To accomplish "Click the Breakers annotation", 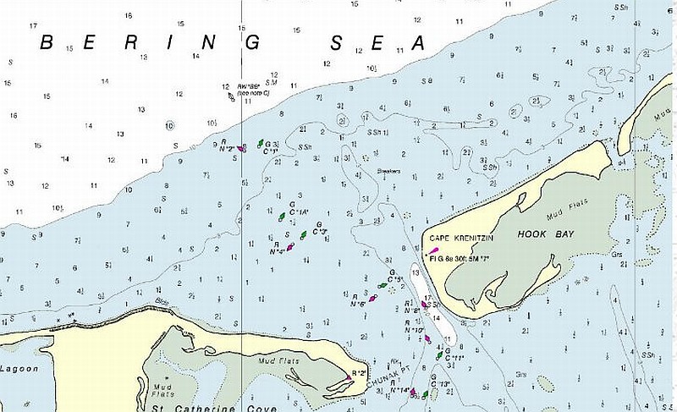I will (388, 171).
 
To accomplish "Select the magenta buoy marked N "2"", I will (244, 148).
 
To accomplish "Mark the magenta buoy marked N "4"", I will (291, 247).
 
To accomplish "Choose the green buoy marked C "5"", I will (383, 284).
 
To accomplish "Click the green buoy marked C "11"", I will (438, 356).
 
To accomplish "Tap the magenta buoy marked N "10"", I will (427, 338).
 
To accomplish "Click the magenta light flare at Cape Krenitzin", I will (433, 250).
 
